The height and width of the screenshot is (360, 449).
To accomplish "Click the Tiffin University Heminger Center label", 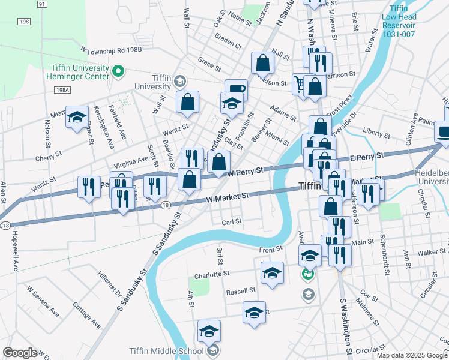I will click(79, 73).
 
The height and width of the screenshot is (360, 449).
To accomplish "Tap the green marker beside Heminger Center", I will click(118, 73).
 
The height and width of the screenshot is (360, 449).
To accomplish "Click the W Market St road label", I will click(227, 196).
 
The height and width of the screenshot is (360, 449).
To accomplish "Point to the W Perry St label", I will click(246, 172).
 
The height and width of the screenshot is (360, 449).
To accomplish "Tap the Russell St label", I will click(241, 292).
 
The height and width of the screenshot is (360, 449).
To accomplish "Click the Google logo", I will click(20, 353).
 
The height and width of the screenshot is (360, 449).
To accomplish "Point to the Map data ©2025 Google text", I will click(412, 355).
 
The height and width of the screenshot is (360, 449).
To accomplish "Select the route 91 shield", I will click(41, 4).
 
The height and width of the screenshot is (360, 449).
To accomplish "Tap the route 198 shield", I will click(23, 22).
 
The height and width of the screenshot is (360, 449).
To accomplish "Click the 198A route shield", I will click(62, 91).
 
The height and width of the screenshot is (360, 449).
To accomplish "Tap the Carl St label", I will click(231, 221).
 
